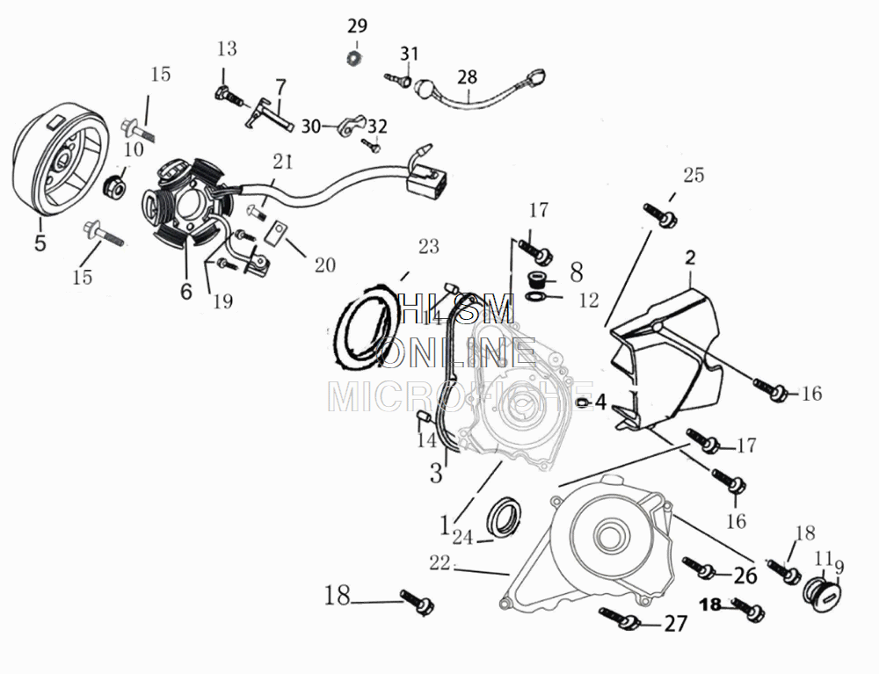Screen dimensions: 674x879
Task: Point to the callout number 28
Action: pyautogui.click(x=467, y=76)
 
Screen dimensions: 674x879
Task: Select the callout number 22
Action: pyautogui.click(x=439, y=562)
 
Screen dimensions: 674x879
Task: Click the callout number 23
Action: pyautogui.click(x=428, y=247)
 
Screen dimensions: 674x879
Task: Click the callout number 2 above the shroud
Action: pyautogui.click(x=690, y=257)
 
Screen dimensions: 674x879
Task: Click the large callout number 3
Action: pyautogui.click(x=436, y=474)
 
